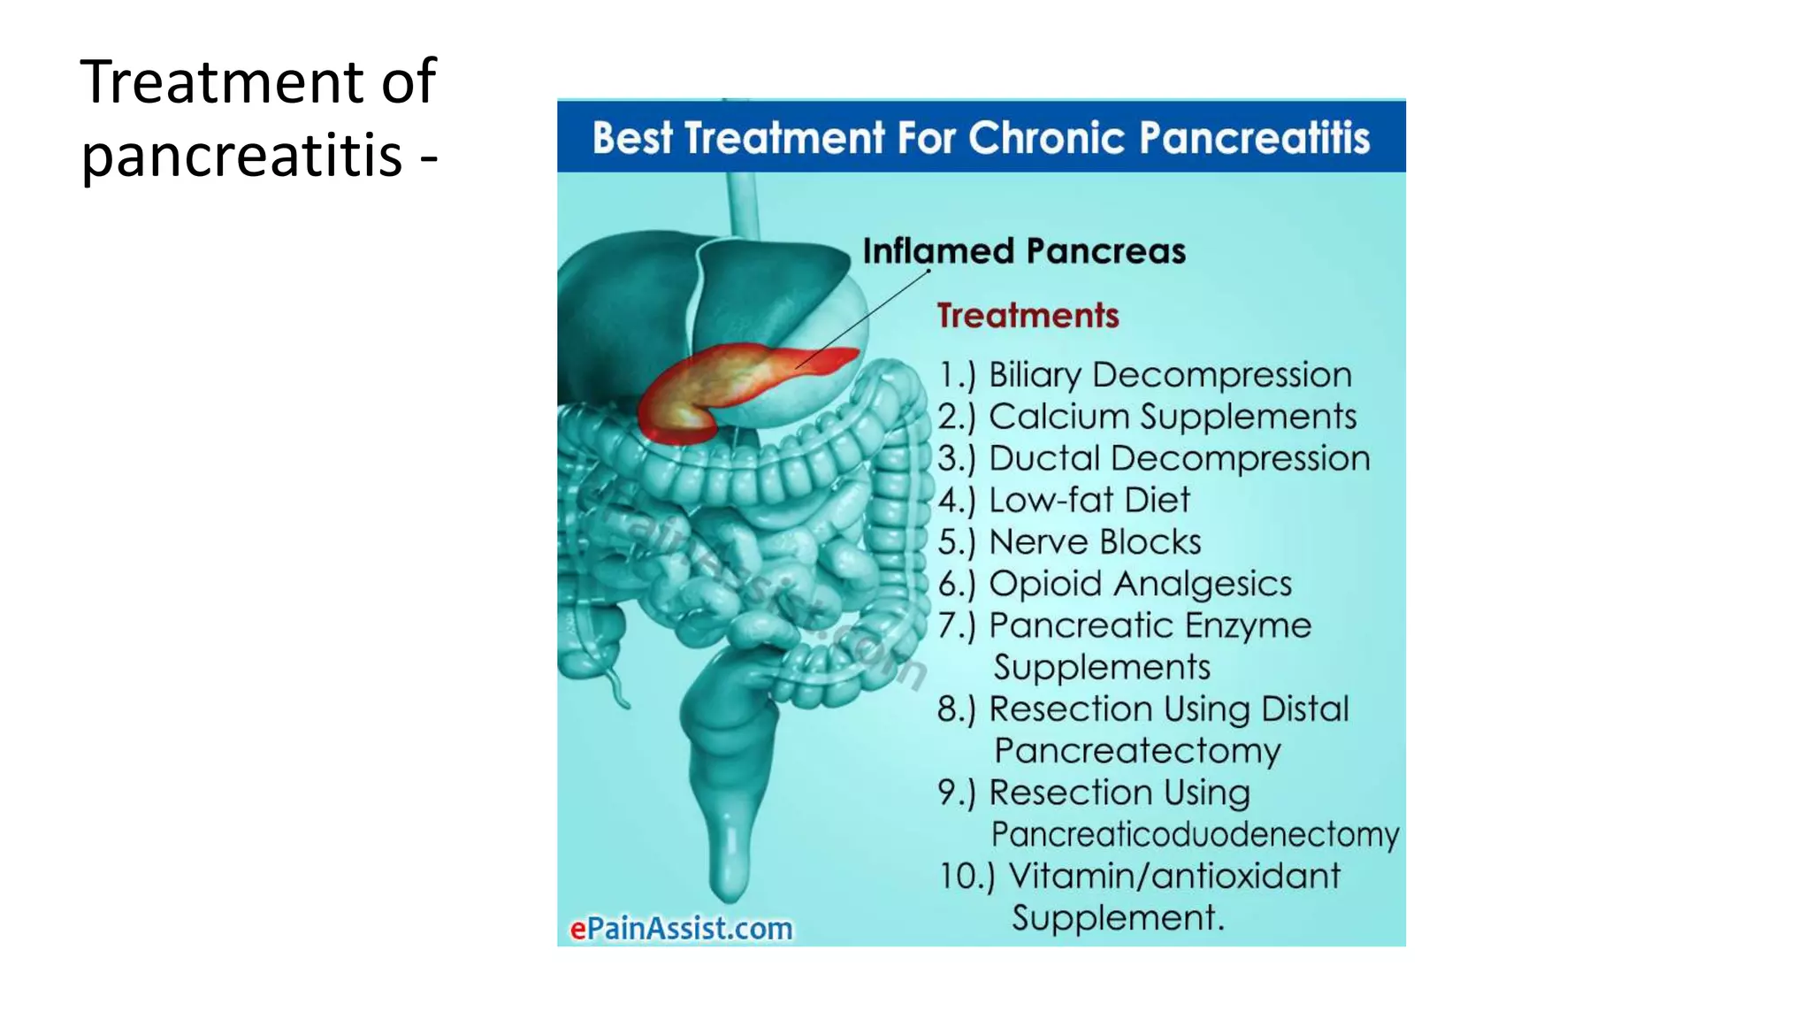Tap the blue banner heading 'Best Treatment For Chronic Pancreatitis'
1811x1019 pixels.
pyautogui.click(x=981, y=138)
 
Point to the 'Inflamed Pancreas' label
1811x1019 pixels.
pyautogui.click(x=1023, y=251)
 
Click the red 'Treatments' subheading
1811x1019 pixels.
pyautogui.click(x=1028, y=316)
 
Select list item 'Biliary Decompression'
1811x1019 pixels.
pyautogui.click(x=1170, y=375)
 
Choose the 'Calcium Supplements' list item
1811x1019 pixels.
pyautogui.click(x=1172, y=417)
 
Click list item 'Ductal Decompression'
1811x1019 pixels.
pyautogui.click(x=1179, y=458)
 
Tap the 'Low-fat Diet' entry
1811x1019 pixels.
pyautogui.click(x=1089, y=500)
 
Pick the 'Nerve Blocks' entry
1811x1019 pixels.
pyautogui.click(x=1095, y=541)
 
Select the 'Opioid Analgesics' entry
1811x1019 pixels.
pyautogui.click(x=1140, y=584)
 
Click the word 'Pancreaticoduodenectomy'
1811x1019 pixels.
pyautogui.click(x=1195, y=834)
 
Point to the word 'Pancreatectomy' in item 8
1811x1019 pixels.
pyautogui.click(x=1137, y=751)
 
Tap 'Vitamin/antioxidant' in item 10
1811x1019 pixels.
pyautogui.click(x=1173, y=876)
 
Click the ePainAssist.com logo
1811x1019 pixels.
pyautogui.click(x=681, y=929)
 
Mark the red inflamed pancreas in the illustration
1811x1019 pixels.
pyautogui.click(x=725, y=389)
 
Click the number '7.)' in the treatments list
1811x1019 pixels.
pyautogui.click(x=956, y=625)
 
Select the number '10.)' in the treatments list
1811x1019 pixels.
pyautogui.click(x=966, y=876)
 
